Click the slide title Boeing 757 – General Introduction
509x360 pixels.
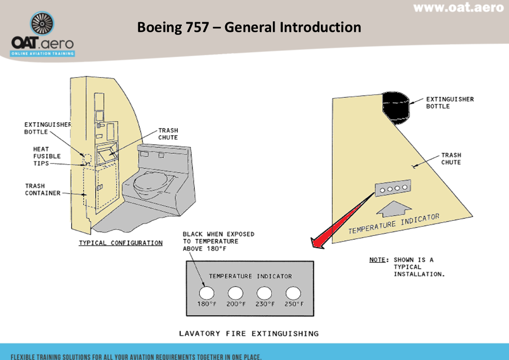tap(249, 27)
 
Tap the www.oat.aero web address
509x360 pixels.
tap(458, 8)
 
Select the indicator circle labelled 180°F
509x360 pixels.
tap(206, 293)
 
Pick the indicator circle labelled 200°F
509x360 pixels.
tap(235, 293)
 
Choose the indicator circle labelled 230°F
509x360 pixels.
tap(264, 293)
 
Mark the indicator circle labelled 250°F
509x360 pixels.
tap(293, 293)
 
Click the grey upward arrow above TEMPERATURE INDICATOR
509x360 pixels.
tap(393, 208)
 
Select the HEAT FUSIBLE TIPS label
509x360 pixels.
tap(47, 156)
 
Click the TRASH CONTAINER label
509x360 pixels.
tap(43, 190)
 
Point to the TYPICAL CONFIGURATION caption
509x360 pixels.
tap(121, 243)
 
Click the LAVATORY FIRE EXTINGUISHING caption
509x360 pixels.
tap(249, 334)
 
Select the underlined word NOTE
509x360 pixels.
tap(378, 260)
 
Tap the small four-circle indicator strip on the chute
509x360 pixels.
tap(393, 189)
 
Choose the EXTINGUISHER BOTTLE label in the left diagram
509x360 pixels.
tap(48, 128)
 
